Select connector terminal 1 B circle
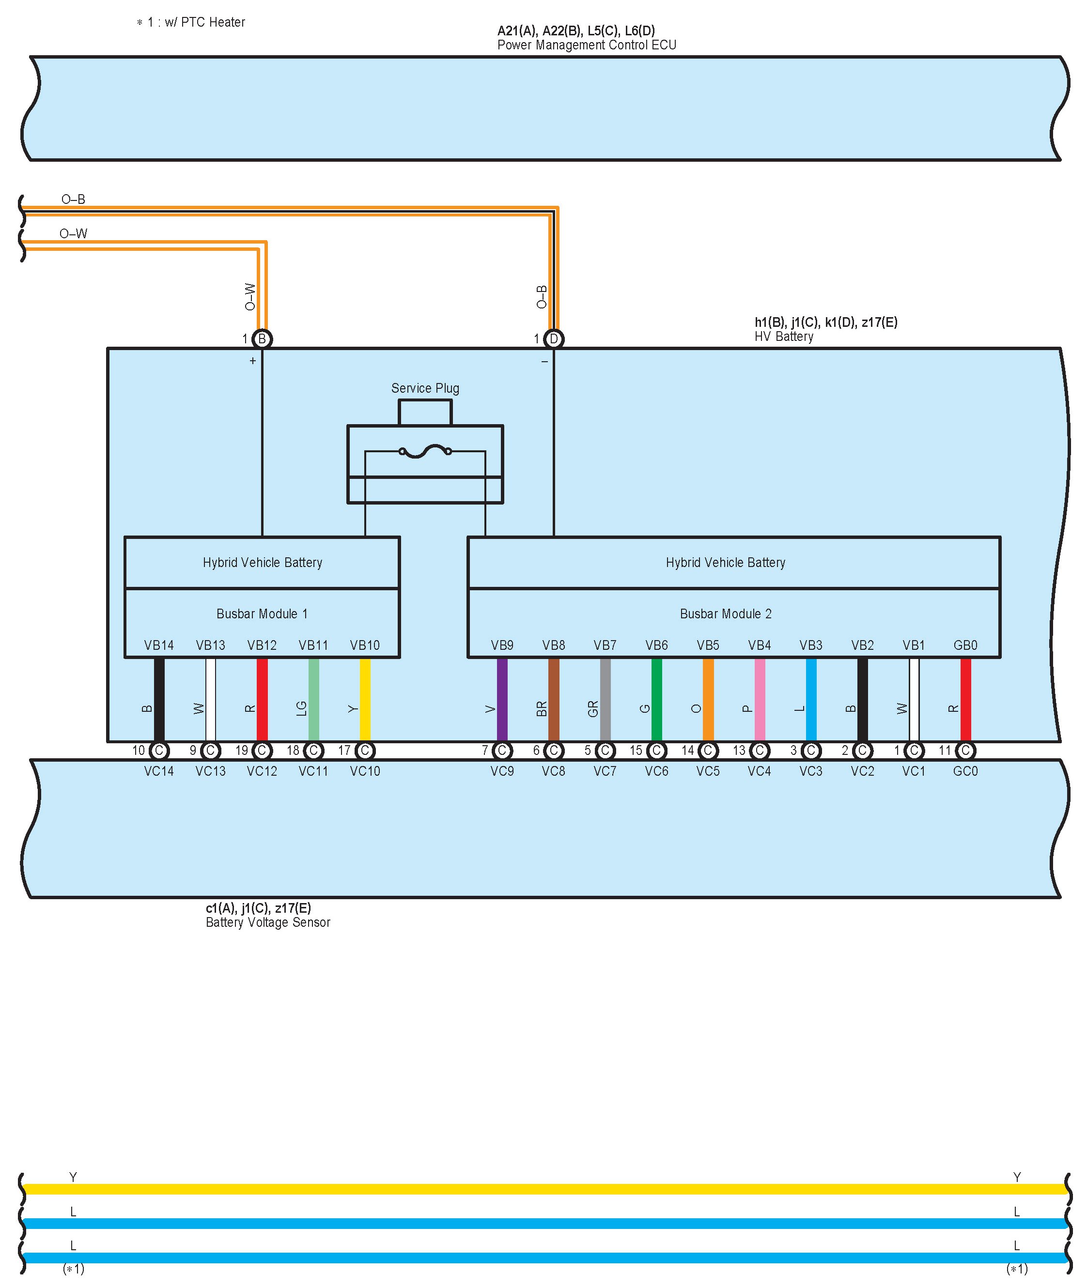[x=262, y=339]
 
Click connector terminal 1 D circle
[x=553, y=339]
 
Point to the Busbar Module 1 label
[x=262, y=613]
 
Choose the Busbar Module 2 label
[x=725, y=613]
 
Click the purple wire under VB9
[x=502, y=699]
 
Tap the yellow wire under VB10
[x=365, y=699]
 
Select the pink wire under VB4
[x=760, y=699]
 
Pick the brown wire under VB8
[x=553, y=699]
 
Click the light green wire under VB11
[x=314, y=699]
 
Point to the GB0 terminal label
[x=965, y=645]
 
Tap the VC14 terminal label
[x=159, y=771]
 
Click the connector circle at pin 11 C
[x=965, y=750]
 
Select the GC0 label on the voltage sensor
[x=965, y=771]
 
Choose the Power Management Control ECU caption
[x=587, y=45]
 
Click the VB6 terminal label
[x=656, y=645]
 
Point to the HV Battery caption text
[x=784, y=337]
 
